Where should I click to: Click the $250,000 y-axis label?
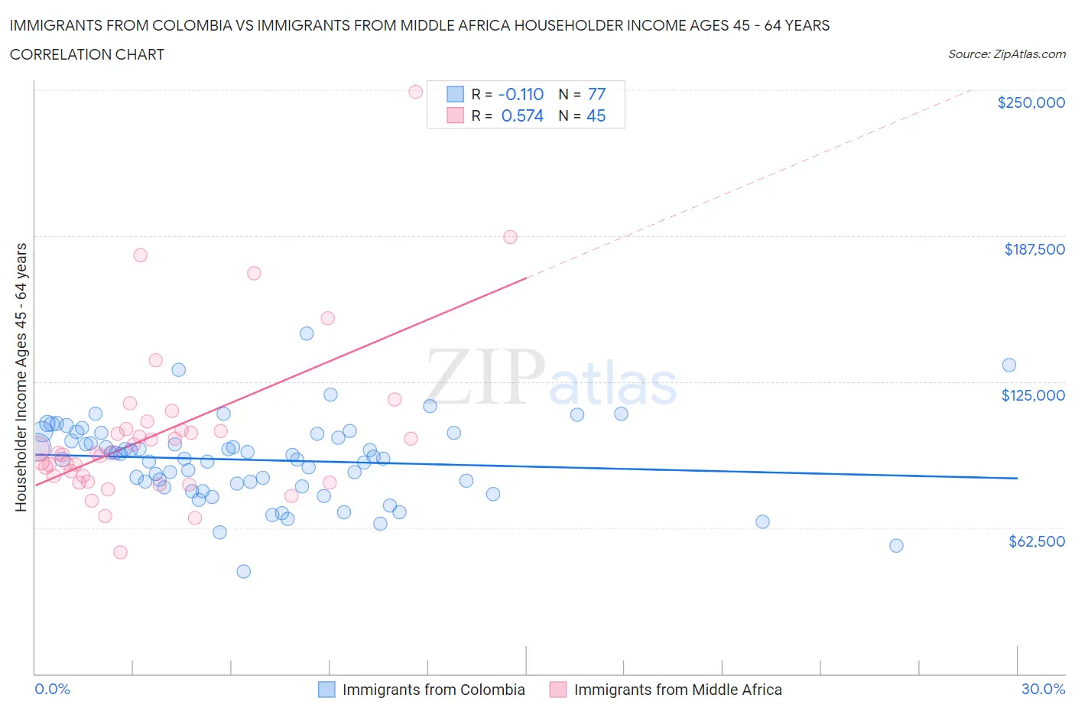click(x=1031, y=103)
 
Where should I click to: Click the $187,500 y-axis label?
click(x=1034, y=249)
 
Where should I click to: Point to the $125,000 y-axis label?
click(x=1033, y=395)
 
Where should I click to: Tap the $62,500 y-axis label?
click(x=1036, y=541)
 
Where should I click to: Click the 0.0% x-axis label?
click(x=52, y=689)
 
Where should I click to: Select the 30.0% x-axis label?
click(x=1043, y=689)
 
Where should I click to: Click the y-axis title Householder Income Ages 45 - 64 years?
click(x=21, y=377)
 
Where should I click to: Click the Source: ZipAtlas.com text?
click(x=1006, y=54)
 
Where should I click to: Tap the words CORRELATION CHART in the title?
click(x=87, y=54)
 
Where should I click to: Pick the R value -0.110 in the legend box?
click(x=521, y=94)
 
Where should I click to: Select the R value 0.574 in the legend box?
click(x=522, y=115)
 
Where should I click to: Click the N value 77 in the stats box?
click(x=596, y=94)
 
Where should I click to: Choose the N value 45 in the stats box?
click(x=596, y=115)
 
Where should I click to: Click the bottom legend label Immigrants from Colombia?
click(x=434, y=690)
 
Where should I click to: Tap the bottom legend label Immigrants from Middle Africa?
click(x=677, y=690)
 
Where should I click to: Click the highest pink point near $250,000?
click(x=416, y=92)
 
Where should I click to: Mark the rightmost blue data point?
click(x=1009, y=365)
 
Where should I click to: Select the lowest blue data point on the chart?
click(x=244, y=571)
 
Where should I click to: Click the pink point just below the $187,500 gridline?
click(x=510, y=237)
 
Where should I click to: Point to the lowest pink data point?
click(x=120, y=552)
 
